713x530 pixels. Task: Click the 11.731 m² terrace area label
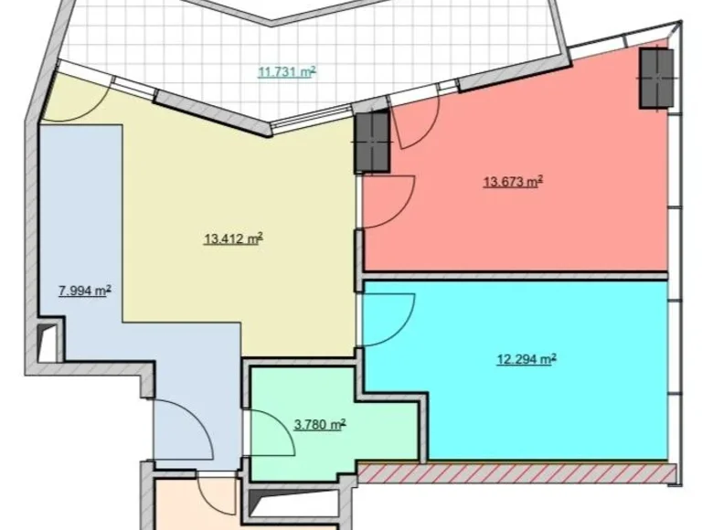286,72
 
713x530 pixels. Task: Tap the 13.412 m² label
233,239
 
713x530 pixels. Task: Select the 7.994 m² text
84,291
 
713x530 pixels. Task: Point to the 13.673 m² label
513,182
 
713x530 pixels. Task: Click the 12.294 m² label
527,359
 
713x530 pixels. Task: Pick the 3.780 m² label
319,424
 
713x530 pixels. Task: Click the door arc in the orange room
218,494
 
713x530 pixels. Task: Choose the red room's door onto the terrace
416,122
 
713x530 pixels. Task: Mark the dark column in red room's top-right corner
655,78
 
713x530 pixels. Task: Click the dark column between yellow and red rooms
372,142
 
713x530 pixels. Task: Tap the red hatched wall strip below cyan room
516,472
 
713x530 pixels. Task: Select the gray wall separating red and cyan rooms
516,275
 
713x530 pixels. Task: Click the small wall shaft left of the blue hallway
46,343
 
